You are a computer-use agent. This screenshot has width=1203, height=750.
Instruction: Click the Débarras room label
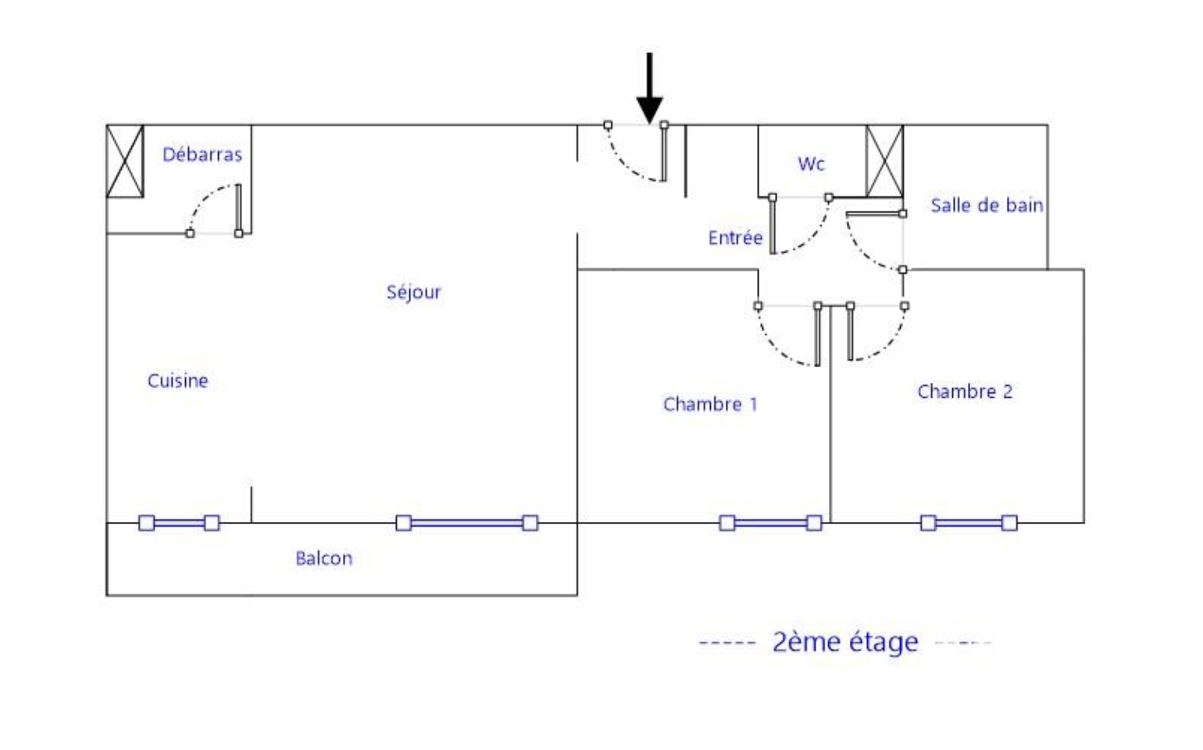(202, 155)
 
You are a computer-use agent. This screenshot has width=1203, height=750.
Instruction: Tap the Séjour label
(413, 292)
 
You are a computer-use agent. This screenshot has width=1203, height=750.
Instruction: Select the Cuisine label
(178, 380)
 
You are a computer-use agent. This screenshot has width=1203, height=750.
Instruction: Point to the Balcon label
(323, 558)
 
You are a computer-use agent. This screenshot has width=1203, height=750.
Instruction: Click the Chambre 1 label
(710, 404)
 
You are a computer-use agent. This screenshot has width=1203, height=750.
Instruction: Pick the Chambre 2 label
(965, 391)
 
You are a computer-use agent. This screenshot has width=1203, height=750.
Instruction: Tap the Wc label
(811, 164)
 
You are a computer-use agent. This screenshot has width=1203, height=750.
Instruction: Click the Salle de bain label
(987, 205)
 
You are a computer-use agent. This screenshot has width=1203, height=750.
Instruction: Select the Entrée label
(735, 237)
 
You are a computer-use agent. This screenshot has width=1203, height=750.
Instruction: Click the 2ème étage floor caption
(845, 642)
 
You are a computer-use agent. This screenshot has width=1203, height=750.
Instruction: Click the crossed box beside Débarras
(125, 161)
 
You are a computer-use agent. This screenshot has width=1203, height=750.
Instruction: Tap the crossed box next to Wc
(884, 161)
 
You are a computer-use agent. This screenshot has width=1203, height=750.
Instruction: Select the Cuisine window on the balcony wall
(179, 523)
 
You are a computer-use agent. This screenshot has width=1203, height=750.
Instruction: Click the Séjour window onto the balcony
(467, 523)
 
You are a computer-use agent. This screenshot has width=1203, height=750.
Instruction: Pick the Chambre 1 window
(770, 523)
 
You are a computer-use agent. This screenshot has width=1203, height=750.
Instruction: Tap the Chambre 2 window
(969, 523)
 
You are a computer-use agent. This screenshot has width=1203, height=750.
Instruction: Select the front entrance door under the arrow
(663, 152)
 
